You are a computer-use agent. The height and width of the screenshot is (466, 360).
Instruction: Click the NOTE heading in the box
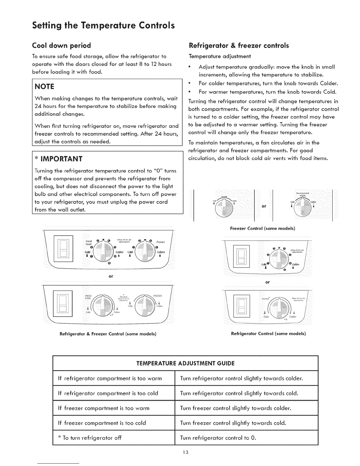click(44, 86)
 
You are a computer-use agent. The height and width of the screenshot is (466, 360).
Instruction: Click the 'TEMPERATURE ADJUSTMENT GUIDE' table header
click(185, 363)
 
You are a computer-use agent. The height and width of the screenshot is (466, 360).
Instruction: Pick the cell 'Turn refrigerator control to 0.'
click(218, 438)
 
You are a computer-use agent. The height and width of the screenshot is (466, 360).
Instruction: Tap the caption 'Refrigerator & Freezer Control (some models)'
click(108, 334)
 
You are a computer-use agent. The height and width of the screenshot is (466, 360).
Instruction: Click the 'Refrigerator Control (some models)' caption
click(269, 334)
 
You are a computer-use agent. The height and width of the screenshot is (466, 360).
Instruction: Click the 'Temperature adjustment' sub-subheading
click(219, 56)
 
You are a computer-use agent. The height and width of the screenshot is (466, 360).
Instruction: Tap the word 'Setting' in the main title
click(46, 24)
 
